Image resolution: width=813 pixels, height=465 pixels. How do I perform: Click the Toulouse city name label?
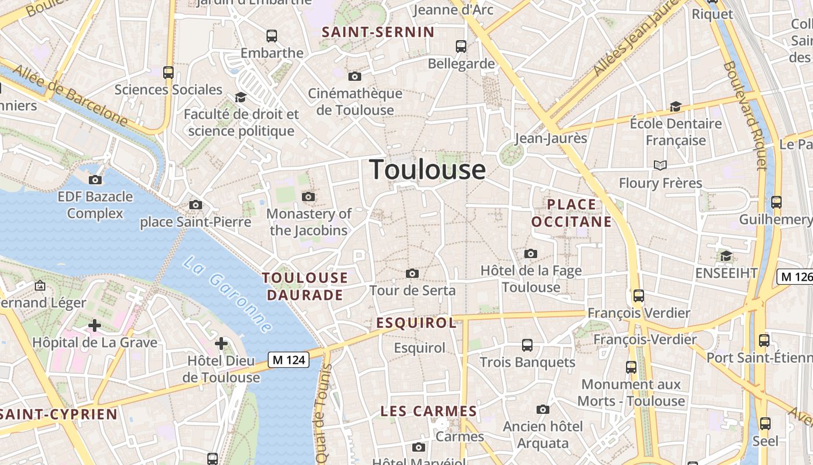click(428, 170)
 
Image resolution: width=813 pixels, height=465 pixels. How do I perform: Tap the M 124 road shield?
click(288, 360)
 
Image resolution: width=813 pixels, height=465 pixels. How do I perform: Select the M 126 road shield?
click(794, 277)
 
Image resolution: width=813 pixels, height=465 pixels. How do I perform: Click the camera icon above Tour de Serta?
click(412, 273)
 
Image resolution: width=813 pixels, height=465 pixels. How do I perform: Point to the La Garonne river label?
click(227, 295)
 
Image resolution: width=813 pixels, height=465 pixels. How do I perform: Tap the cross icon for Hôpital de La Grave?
click(95, 325)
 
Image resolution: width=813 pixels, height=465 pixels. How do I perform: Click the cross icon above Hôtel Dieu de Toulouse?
click(221, 344)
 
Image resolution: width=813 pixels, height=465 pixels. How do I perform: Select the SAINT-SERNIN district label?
click(378, 32)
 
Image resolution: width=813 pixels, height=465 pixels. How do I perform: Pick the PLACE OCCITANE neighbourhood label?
click(571, 213)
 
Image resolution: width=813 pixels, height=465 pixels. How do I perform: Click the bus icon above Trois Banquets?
click(527, 345)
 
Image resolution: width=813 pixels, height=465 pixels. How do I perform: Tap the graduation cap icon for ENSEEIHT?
click(726, 256)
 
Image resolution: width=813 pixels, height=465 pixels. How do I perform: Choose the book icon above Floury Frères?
click(660, 166)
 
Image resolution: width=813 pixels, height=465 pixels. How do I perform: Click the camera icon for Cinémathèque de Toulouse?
click(355, 76)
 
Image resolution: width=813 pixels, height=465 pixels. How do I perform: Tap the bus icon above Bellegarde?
click(461, 46)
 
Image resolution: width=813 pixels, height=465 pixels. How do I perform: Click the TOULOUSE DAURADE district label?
click(305, 286)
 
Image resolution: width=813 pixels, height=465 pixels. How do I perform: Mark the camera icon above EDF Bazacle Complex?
click(95, 180)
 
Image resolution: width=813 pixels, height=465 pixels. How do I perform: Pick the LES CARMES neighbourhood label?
click(429, 412)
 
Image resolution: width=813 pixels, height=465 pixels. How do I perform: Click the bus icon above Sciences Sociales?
click(168, 73)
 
